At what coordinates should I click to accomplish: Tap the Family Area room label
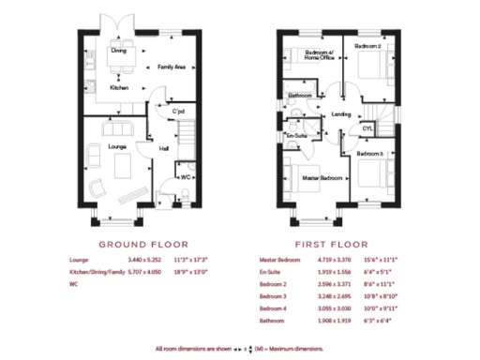171,67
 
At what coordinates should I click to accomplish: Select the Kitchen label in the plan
119,87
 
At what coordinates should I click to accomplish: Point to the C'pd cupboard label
178,112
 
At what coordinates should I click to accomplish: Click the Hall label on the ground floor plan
164,148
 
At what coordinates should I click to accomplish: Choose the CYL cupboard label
367,128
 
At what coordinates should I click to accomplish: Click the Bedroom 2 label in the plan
367,45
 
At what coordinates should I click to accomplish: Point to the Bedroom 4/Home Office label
319,55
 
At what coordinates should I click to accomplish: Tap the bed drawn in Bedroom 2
369,68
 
